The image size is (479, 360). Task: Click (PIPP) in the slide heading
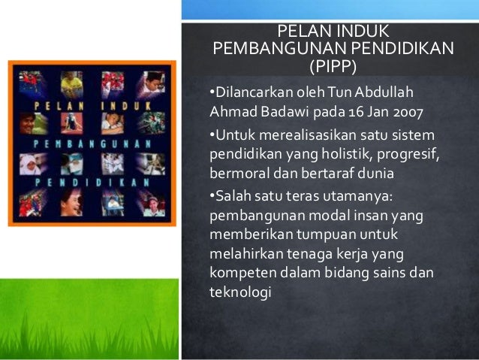(x=333, y=65)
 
